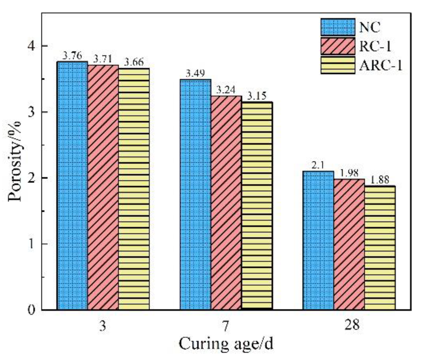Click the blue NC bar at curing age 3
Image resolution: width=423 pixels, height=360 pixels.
pyautogui.click(x=73, y=186)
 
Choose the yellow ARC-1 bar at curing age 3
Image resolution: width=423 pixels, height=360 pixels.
pyautogui.click(x=134, y=189)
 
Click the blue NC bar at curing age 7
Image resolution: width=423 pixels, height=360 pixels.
pyautogui.click(x=195, y=194)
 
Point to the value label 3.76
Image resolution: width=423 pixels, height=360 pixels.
pyautogui.click(x=72, y=56)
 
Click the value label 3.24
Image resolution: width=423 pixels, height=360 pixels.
pyautogui.click(x=226, y=90)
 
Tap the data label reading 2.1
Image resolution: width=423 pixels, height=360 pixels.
pyautogui.click(x=318, y=166)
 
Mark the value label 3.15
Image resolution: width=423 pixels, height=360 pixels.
pyautogui.click(x=257, y=96)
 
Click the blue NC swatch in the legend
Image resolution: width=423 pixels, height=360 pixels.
pyautogui.click(x=338, y=27)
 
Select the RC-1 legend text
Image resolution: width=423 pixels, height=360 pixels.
pyautogui.click(x=375, y=46)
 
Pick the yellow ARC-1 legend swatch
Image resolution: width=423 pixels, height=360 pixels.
pyautogui.click(x=338, y=65)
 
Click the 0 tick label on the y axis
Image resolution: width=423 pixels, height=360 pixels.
pyautogui.click(x=32, y=310)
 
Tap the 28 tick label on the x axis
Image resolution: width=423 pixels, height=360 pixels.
pyautogui.click(x=352, y=325)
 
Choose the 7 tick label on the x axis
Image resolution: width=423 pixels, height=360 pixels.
pyautogui.click(x=226, y=326)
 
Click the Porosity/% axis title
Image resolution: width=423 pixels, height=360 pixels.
pyautogui.click(x=15, y=161)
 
